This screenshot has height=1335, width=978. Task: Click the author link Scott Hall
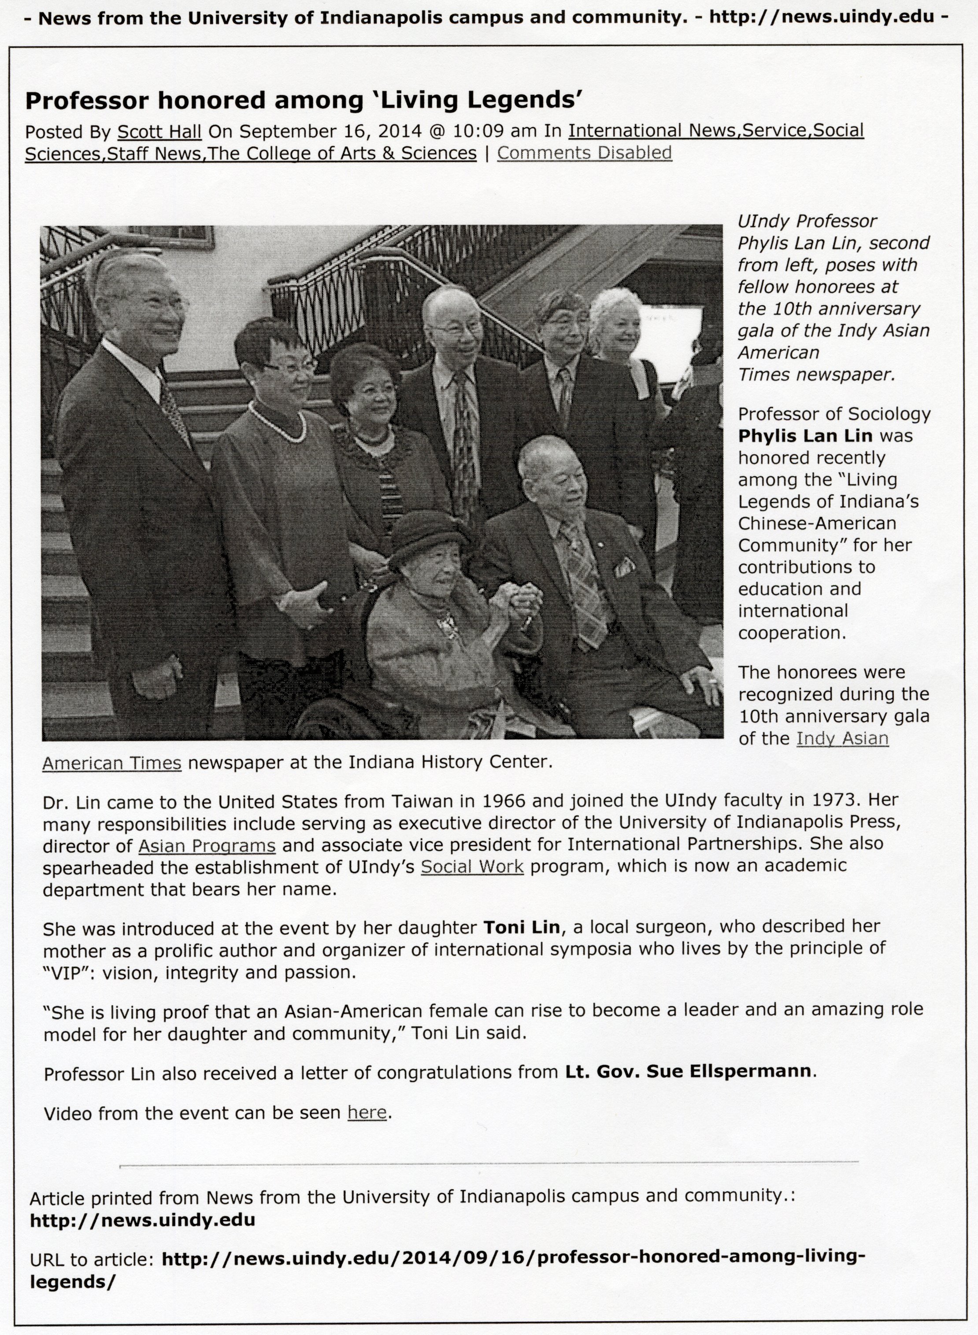tap(159, 130)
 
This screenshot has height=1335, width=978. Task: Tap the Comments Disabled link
tap(584, 153)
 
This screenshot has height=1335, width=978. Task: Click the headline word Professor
tap(86, 101)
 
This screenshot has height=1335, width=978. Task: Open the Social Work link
tap(472, 867)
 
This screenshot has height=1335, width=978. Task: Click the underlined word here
tap(367, 1113)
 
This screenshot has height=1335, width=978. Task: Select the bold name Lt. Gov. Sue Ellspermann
tap(690, 1072)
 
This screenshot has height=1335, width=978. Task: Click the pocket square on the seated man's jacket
tap(625, 567)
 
